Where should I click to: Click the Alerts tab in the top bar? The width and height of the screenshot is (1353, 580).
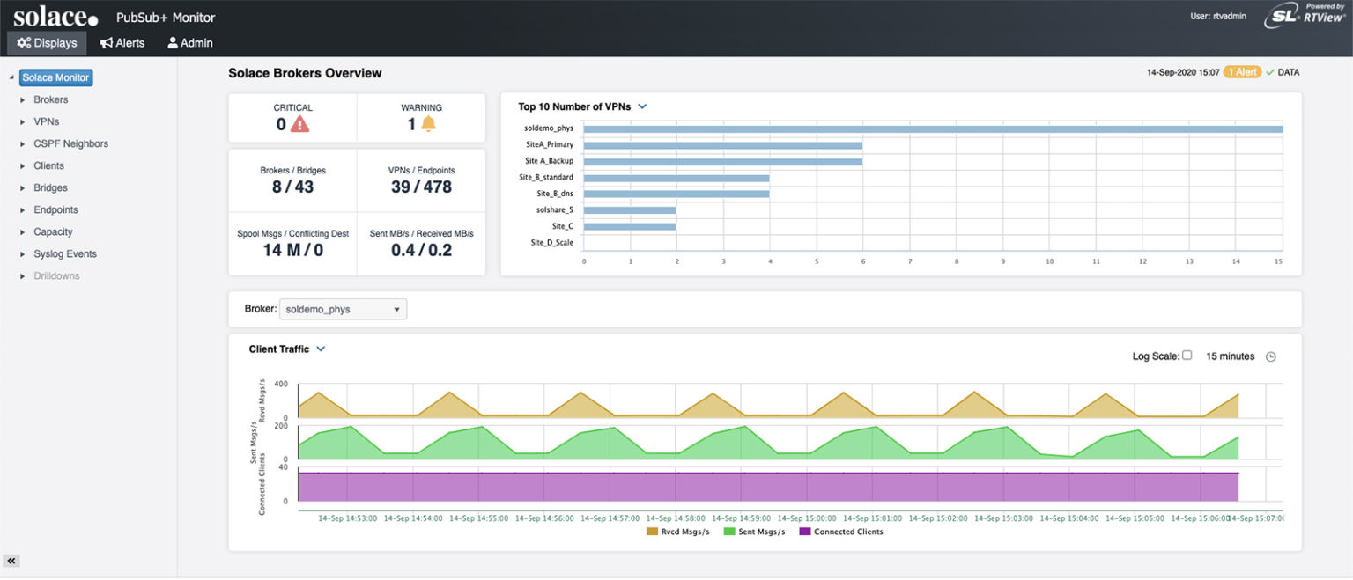point(122,42)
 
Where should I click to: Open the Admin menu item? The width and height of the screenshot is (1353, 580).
point(190,42)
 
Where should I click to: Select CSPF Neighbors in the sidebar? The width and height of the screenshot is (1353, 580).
point(70,143)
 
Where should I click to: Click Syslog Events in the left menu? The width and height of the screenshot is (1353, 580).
point(65,253)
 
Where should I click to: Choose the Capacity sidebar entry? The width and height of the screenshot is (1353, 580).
point(53,231)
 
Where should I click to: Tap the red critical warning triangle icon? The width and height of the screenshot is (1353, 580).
point(300,125)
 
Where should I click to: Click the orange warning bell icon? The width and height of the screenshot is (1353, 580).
point(428,124)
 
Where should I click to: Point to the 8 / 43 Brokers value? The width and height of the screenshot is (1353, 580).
point(292,187)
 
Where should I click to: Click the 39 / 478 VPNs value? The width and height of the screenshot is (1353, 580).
point(421,187)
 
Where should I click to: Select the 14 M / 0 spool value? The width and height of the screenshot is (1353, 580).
point(292,250)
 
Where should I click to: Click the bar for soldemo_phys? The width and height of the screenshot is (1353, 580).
point(932,128)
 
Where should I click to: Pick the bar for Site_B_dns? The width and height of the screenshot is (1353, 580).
point(676,194)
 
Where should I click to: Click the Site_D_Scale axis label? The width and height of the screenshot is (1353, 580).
point(551,243)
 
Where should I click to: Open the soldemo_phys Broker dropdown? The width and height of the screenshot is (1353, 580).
point(343,310)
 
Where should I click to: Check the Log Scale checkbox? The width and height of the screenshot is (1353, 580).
point(1187,356)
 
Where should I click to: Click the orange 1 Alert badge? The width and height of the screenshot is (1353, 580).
point(1242,72)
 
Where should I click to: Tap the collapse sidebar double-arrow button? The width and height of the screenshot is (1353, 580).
point(12,561)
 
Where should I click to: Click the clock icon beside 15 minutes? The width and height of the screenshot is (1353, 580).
point(1270,356)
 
